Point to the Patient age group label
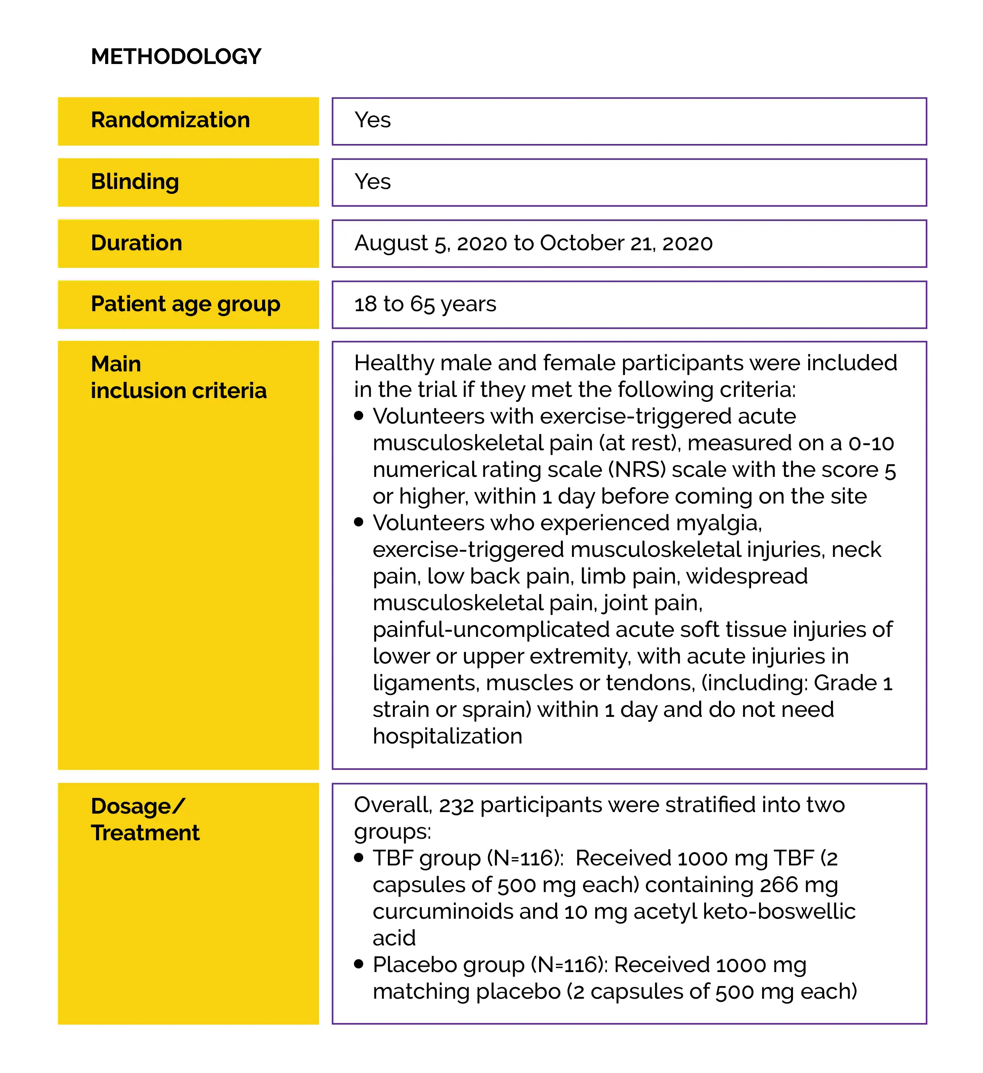185,304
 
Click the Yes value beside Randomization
373,120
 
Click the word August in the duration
391,244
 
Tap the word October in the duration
581,243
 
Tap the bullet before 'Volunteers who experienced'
359,523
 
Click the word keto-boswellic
779,912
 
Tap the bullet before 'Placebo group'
359,964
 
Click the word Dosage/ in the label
138,806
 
